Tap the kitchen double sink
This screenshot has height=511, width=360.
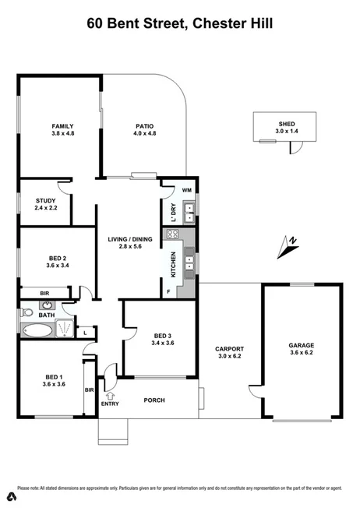click(x=189, y=263)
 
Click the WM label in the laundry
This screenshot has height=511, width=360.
click(x=186, y=190)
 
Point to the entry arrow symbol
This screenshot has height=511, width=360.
click(x=109, y=396)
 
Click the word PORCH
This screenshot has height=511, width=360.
click(x=155, y=400)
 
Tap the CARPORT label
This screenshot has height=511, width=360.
click(x=230, y=349)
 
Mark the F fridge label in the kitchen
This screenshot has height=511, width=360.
click(x=169, y=291)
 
